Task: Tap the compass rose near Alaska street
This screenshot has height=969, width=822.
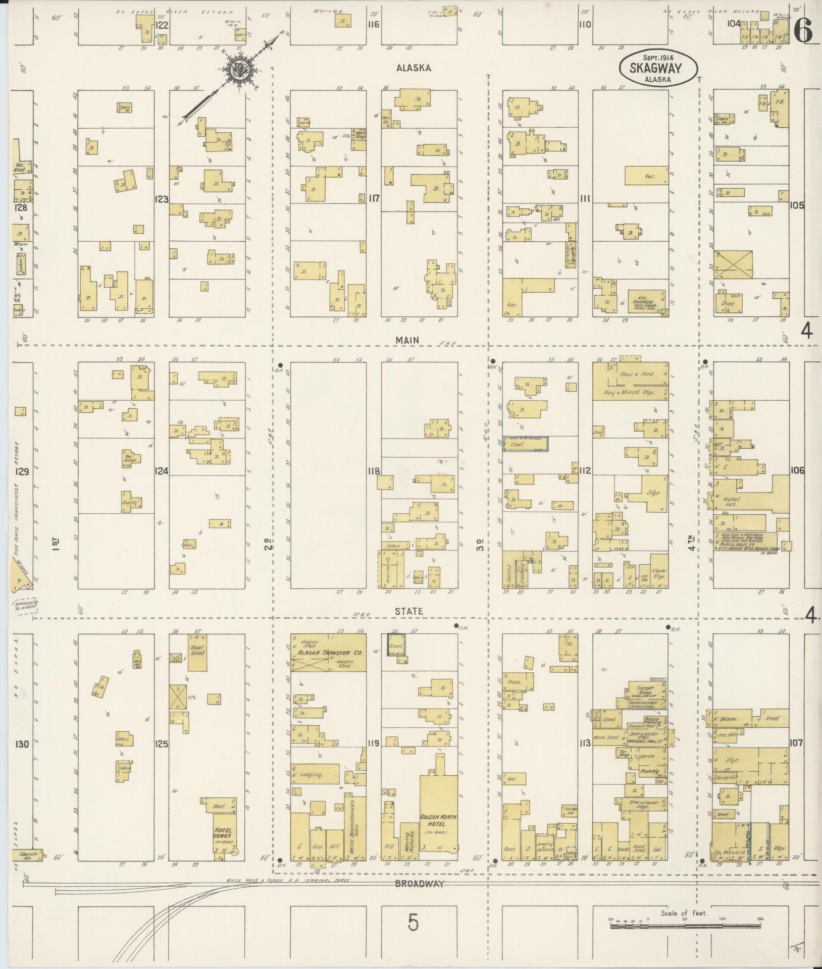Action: tap(236, 72)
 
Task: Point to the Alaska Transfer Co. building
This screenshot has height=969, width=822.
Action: tap(329, 653)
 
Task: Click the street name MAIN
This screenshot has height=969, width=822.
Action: tap(407, 340)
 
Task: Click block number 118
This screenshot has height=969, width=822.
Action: tap(374, 471)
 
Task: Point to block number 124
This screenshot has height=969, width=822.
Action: tap(162, 471)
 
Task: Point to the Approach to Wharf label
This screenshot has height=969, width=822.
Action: tap(26, 606)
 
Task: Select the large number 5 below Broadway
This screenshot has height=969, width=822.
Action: tap(413, 924)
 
